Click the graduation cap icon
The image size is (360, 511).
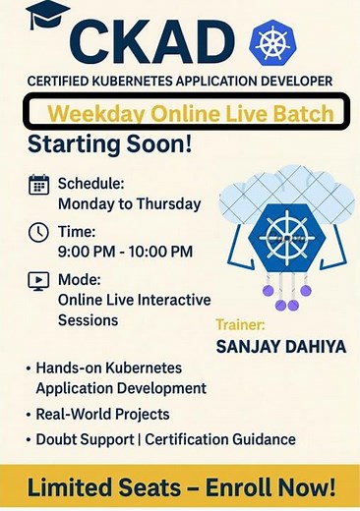[48, 17]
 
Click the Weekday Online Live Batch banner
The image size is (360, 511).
[186, 112]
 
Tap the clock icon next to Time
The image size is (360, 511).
[39, 232]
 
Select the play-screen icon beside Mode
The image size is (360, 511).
[39, 280]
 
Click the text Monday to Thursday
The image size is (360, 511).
[129, 204]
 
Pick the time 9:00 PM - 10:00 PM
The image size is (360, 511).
[125, 252]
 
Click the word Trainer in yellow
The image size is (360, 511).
[242, 324]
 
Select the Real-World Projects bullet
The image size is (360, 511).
[101, 414]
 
